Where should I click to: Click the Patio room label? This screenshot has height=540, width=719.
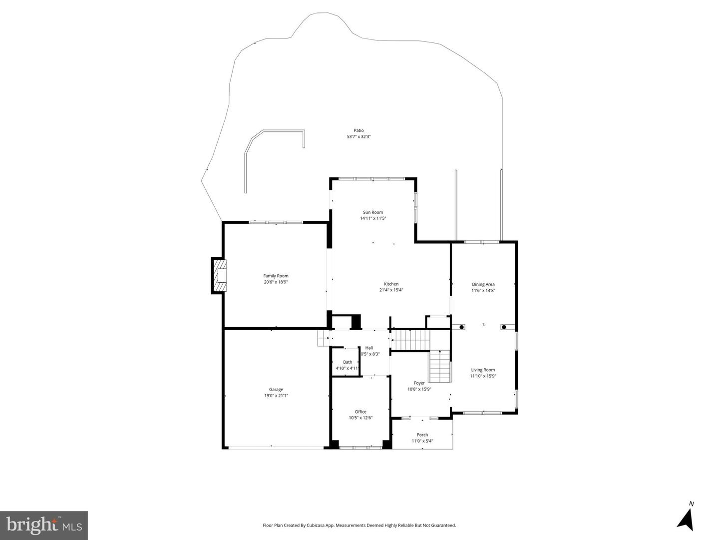click(359, 130)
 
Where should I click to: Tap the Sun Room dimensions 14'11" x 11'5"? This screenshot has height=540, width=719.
click(373, 218)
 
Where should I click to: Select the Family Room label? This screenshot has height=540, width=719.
click(276, 276)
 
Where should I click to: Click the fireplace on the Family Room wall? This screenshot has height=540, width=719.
click(219, 276)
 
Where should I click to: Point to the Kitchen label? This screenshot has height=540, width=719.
click(391, 284)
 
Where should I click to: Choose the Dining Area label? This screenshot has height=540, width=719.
click(483, 284)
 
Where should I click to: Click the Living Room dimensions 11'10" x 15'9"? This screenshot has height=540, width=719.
click(483, 376)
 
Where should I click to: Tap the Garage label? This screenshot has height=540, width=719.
click(276, 390)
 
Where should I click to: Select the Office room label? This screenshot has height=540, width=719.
click(360, 412)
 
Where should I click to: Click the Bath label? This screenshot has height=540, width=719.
click(348, 362)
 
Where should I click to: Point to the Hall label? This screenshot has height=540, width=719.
click(369, 348)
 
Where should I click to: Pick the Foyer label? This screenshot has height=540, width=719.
click(419, 383)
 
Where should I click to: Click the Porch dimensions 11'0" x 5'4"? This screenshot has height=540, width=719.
click(422, 441)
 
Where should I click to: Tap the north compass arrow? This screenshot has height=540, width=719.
click(687, 519)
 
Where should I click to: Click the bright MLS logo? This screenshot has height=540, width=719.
click(44, 525)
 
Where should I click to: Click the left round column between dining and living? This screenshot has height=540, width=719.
click(461, 328)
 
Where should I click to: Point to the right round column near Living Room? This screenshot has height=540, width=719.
click(504, 328)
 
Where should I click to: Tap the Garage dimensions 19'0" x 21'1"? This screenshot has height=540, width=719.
click(276, 396)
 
